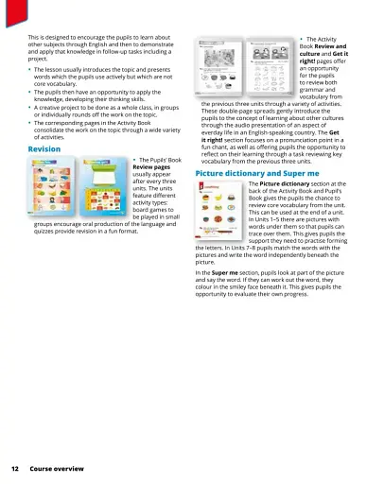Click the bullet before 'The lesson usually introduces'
click(x=29, y=69)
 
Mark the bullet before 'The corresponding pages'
click(x=29, y=123)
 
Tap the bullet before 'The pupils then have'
click(x=29, y=90)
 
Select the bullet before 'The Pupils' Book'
click(x=134, y=162)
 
